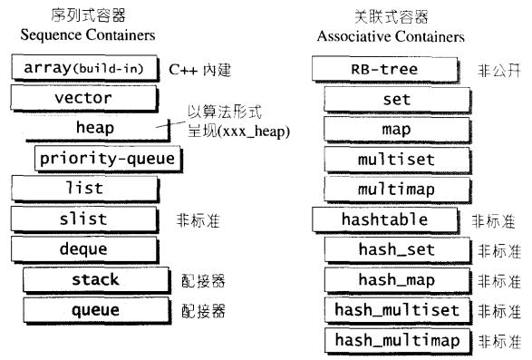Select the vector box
82,98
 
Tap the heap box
95,128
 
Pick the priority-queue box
107,159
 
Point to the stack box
95,280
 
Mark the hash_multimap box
397,341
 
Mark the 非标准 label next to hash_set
499,250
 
